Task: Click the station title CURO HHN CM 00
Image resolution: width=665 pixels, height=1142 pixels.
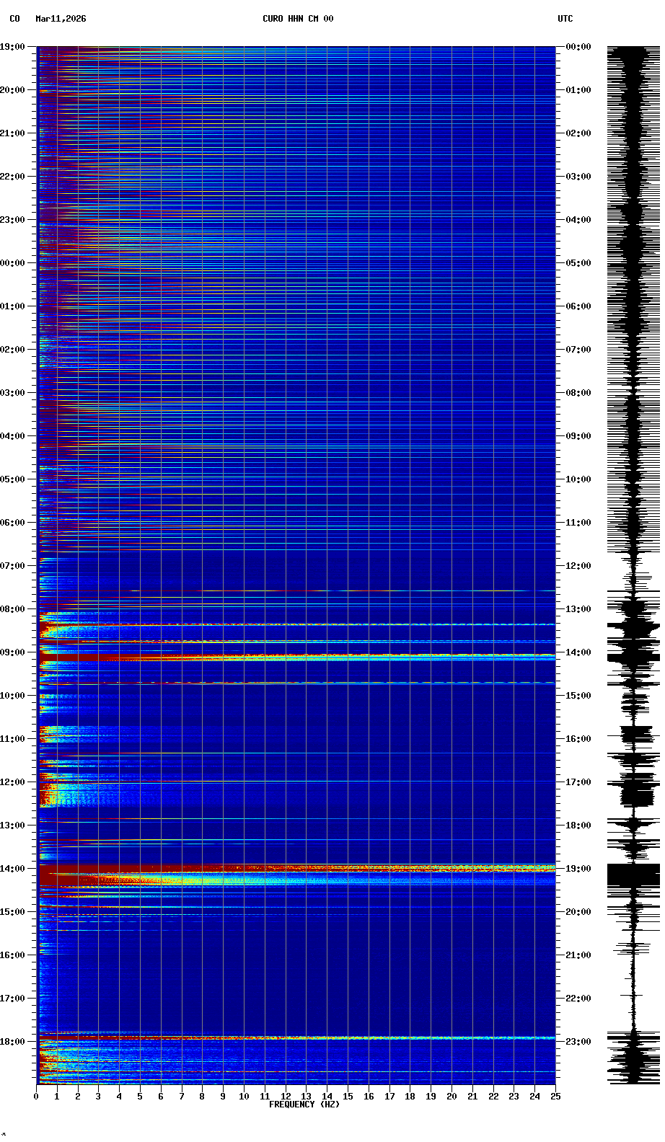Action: click(x=298, y=19)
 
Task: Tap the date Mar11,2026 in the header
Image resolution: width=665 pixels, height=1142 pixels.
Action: click(x=61, y=19)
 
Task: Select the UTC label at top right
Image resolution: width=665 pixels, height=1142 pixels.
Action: click(x=565, y=19)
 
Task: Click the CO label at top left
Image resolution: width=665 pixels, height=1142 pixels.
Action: click(x=14, y=19)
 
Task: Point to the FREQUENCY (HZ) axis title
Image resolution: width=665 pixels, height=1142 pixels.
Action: click(x=304, y=1105)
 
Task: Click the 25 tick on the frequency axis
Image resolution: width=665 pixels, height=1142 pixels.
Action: click(x=555, y=1097)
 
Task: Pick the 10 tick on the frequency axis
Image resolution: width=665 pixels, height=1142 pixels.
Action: click(x=244, y=1097)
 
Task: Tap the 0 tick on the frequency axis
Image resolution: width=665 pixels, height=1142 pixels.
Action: click(x=36, y=1097)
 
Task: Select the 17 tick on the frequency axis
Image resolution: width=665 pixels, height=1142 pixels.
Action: click(x=389, y=1097)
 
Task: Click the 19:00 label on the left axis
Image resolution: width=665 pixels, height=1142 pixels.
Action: click(x=12, y=47)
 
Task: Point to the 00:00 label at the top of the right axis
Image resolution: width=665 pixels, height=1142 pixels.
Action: click(x=578, y=47)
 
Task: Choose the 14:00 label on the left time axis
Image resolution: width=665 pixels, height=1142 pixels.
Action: click(x=12, y=869)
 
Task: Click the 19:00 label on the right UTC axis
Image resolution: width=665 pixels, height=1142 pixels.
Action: click(x=578, y=869)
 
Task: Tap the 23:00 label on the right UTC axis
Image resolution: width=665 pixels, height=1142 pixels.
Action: click(x=578, y=1042)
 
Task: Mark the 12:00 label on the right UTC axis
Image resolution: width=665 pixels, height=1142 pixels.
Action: click(x=578, y=566)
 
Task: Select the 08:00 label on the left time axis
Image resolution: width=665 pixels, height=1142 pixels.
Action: click(x=12, y=609)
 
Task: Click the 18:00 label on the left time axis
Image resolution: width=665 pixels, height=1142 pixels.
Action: click(x=12, y=1042)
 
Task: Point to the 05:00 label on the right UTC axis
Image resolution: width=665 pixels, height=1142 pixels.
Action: click(x=578, y=263)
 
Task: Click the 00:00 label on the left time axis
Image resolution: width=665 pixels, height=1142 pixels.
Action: click(x=12, y=263)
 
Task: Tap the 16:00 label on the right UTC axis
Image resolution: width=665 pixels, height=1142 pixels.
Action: click(x=578, y=739)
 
